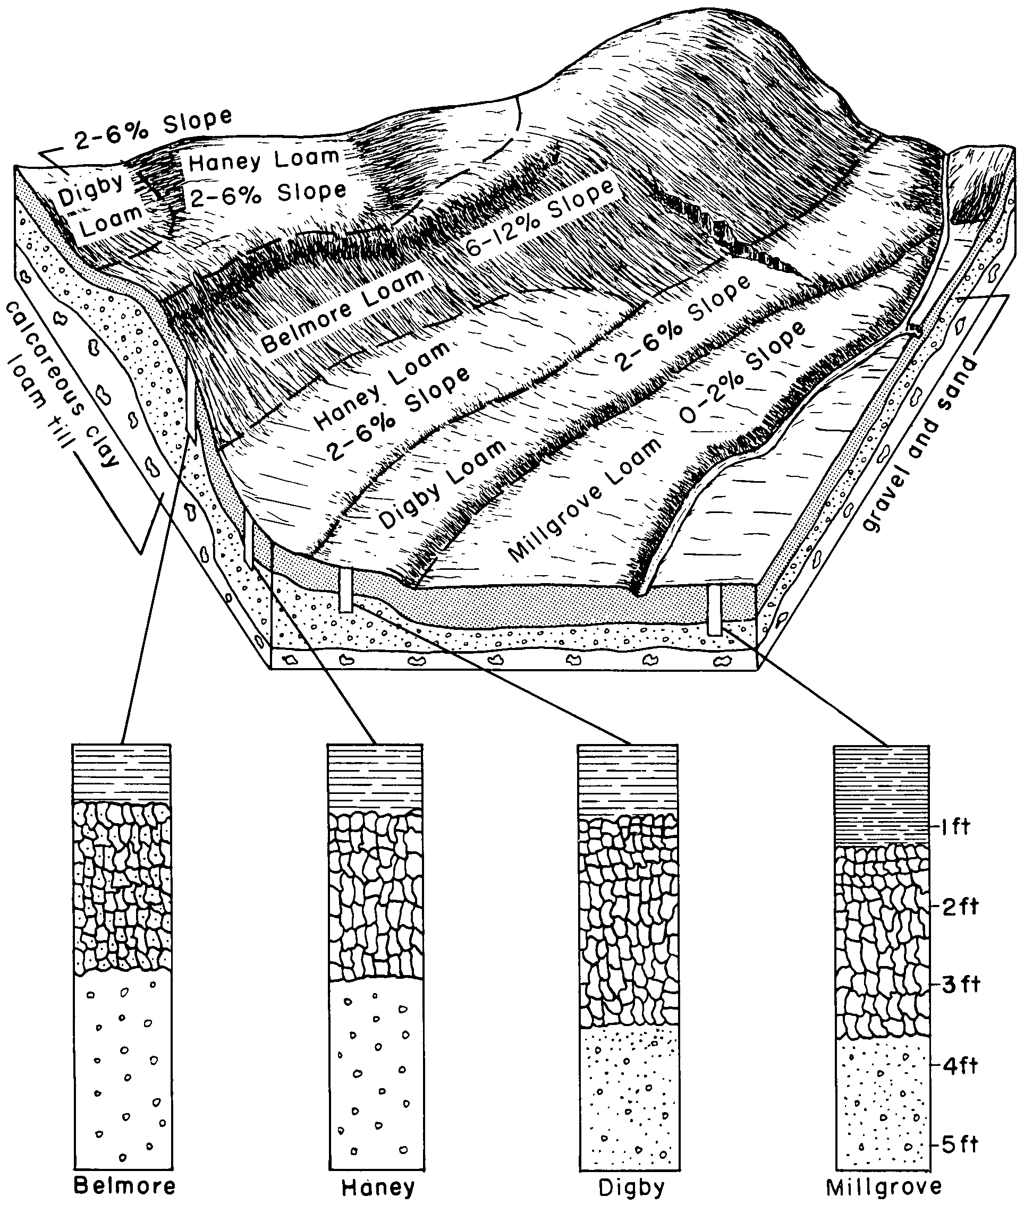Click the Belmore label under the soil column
click(125, 1185)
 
